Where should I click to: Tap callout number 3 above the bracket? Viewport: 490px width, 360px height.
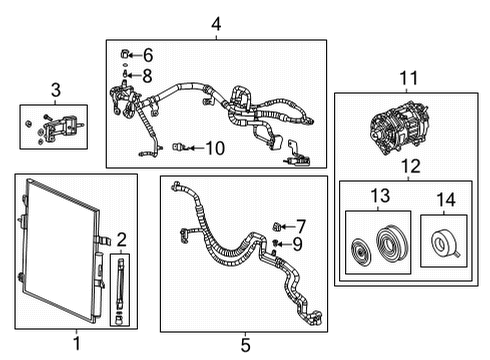click(55, 91)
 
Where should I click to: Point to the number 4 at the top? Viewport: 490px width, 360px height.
click(215, 24)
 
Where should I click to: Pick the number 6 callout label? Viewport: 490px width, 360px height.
click(148, 55)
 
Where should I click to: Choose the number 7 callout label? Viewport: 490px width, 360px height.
click(301, 226)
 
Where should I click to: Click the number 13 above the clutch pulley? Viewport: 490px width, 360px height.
click(378, 197)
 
